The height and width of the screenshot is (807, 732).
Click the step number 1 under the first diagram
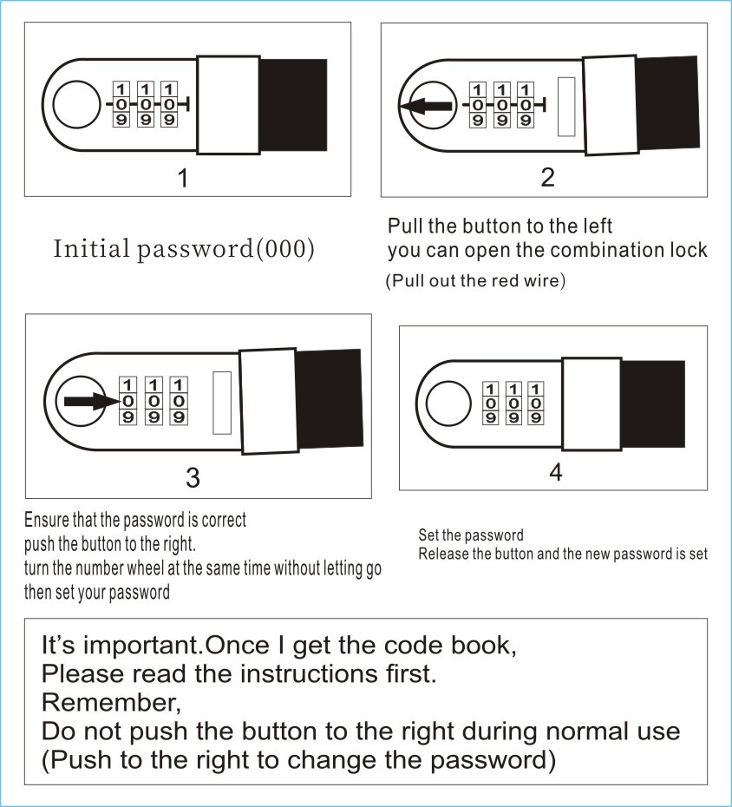[182, 179]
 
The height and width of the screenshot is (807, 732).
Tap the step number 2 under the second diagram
[547, 178]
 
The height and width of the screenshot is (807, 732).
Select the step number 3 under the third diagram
[193, 476]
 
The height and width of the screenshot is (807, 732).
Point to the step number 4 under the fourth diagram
[556, 473]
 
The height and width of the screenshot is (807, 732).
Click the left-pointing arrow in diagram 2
[426, 106]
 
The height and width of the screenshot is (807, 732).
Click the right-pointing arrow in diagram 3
[89, 402]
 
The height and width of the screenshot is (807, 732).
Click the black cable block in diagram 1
[293, 105]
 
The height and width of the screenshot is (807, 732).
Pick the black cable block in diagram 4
[652, 403]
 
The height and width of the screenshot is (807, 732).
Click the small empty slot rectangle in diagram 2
[567, 106]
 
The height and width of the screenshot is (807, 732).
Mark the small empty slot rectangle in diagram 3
[221, 403]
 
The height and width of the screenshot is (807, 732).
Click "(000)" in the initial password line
[285, 249]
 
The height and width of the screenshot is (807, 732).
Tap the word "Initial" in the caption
[87, 249]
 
